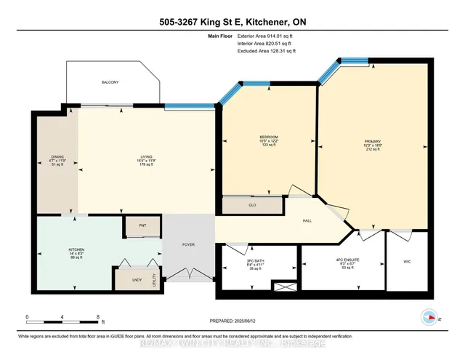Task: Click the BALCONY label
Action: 110,82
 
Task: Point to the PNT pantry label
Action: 142,226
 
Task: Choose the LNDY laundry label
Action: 136,279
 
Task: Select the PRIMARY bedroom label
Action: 373,142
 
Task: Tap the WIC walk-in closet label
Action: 407,260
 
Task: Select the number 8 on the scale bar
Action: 97,317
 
